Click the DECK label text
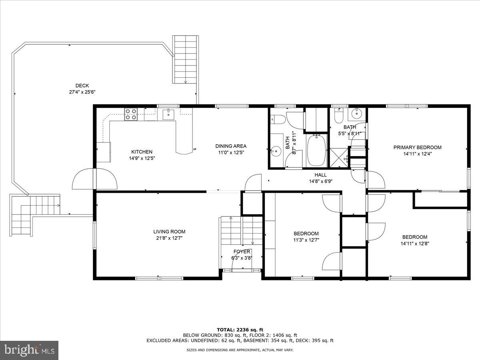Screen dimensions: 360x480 tap(82, 85)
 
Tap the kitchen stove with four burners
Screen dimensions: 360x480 tap(131, 114)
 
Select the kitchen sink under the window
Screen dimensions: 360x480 tap(168, 114)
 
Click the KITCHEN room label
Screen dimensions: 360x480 tap(142, 152)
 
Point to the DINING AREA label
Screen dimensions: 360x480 tap(231, 146)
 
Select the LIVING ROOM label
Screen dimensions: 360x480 tap(169, 232)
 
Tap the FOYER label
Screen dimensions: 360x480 tap(242, 252)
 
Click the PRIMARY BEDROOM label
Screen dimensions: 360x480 tap(417, 147)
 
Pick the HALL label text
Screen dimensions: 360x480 tap(320, 175)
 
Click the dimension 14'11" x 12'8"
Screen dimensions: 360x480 tap(414, 243)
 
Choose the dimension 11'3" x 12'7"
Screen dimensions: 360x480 tap(306, 240)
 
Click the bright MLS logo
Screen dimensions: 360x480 tap(29, 350)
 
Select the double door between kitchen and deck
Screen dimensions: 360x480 tap(94, 179)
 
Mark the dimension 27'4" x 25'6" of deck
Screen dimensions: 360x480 tap(82, 92)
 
